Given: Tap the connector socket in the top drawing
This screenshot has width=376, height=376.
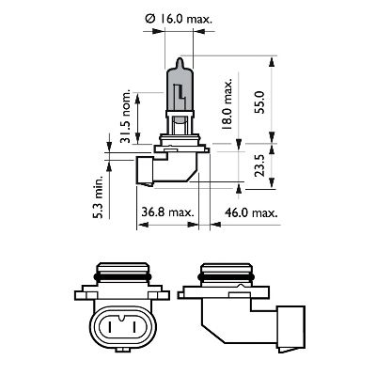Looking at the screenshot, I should click(x=148, y=172).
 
